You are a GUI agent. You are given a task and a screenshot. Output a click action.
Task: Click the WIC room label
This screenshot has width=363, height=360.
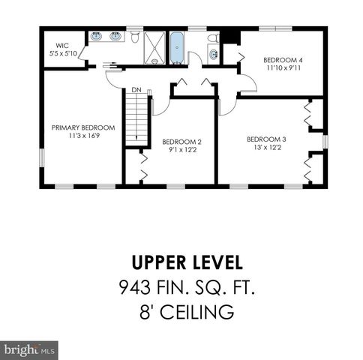[62, 46]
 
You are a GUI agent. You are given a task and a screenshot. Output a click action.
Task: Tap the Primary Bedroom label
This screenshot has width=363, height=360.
[83, 127]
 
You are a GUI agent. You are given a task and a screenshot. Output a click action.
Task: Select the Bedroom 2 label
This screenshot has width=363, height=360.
[181, 142]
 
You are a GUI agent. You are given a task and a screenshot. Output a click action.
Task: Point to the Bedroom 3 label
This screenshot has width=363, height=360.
[266, 139]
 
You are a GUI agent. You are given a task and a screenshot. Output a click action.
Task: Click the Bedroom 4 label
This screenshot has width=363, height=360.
[283, 60]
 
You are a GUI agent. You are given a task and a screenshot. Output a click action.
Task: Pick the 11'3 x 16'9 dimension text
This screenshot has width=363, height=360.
[84, 136]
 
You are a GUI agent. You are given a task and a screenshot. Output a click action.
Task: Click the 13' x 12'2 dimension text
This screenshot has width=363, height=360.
[268, 148]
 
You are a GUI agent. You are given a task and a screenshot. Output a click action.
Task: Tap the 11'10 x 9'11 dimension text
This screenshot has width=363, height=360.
[283, 68]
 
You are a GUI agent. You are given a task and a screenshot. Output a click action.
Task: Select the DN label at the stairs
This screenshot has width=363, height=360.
[136, 90]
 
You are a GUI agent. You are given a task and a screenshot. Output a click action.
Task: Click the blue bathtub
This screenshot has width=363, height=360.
[177, 48]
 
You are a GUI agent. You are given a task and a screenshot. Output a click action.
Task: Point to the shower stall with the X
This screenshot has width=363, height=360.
[154, 48]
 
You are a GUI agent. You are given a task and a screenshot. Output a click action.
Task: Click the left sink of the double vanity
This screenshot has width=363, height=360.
[96, 37]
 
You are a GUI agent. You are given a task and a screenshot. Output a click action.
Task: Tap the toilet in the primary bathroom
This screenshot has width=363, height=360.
[135, 37]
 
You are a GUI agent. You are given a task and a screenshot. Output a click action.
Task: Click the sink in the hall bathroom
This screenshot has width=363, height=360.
[213, 54]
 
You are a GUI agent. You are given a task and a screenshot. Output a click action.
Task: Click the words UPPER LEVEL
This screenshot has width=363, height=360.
[187, 262]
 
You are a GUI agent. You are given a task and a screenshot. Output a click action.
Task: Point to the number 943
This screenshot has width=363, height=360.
[135, 287]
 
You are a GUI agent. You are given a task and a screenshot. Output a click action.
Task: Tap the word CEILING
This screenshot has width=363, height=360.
[197, 312]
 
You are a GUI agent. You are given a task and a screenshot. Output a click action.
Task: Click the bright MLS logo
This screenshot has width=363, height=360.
[29, 350]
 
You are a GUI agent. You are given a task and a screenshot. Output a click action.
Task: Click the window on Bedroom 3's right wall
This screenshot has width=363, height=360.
[325, 142]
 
